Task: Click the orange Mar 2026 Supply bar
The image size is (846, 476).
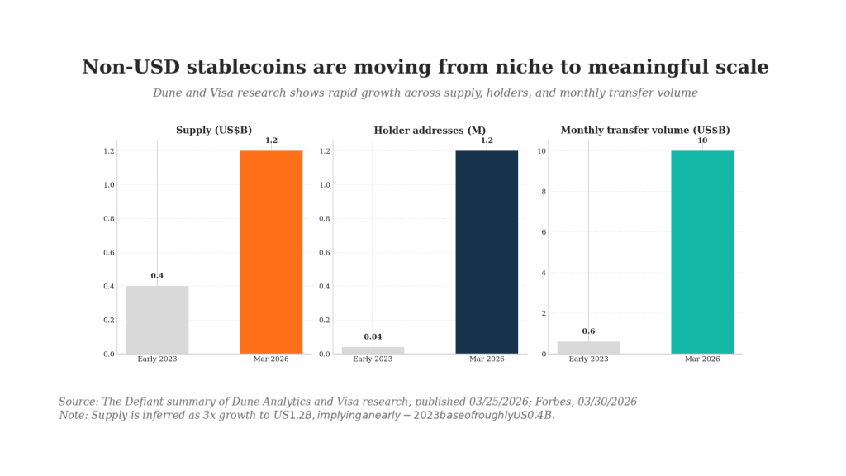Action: (x=271, y=252)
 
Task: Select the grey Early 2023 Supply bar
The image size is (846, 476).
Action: (x=157, y=320)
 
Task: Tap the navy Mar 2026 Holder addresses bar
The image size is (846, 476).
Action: (x=487, y=252)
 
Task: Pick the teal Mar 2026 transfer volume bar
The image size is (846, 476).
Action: (x=702, y=252)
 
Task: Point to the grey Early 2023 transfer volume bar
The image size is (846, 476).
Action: (x=588, y=348)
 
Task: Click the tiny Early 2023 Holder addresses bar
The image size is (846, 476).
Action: (x=373, y=350)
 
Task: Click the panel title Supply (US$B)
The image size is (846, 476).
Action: (x=214, y=131)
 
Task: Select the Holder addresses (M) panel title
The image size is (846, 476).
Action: (x=430, y=131)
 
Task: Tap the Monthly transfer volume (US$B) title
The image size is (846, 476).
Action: (x=645, y=131)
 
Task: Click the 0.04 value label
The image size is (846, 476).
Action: (x=373, y=337)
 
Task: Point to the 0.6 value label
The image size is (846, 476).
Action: (x=588, y=331)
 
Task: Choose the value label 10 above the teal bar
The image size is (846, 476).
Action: (x=702, y=140)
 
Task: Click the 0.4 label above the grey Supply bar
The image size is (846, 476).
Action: (x=157, y=276)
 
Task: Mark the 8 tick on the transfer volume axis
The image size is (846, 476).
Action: (x=544, y=192)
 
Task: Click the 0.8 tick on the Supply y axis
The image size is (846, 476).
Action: (x=109, y=219)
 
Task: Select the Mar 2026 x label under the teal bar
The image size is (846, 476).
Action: (x=702, y=359)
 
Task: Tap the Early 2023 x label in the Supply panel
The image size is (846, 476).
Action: (x=157, y=359)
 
